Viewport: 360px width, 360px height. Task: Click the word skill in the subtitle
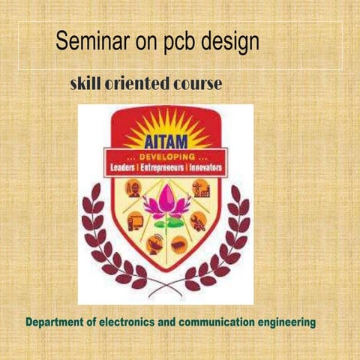click(88, 84)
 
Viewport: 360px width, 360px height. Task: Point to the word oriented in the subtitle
click(139, 84)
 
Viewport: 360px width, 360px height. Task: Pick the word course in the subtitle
click(196, 84)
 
